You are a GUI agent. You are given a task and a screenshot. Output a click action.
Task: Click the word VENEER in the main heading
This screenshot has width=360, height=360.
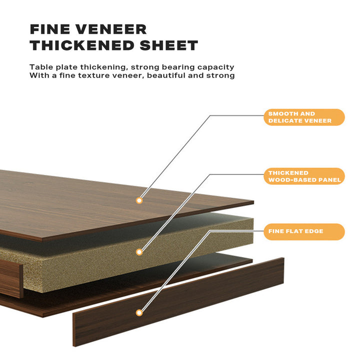[x=111, y=29]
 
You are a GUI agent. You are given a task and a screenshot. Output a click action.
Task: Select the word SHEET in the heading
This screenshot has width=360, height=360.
[x=169, y=45]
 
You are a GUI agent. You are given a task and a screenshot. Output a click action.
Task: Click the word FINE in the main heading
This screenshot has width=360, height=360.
[x=50, y=29]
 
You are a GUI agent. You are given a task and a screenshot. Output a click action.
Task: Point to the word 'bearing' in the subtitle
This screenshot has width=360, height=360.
[x=178, y=67]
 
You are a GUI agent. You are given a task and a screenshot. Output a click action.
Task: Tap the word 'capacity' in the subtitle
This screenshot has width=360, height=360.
[x=216, y=67]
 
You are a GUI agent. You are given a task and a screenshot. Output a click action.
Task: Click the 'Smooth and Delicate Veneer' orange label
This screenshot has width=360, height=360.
[x=304, y=117]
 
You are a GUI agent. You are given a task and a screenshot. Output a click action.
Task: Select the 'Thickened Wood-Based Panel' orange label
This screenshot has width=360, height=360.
[x=304, y=176]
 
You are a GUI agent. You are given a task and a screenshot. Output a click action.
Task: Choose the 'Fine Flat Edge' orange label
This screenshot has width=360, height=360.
[x=304, y=231]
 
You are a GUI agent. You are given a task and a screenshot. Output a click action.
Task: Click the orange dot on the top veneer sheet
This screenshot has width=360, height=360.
[x=139, y=200]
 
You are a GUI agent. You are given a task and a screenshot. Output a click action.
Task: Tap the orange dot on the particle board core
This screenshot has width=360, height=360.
[x=139, y=252]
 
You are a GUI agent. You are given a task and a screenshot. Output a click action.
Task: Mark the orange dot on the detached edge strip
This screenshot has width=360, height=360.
[x=139, y=312]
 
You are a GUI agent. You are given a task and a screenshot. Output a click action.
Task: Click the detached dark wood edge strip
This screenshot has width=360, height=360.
[x=178, y=302]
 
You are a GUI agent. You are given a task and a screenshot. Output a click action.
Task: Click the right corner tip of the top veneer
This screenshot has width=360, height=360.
[x=253, y=202]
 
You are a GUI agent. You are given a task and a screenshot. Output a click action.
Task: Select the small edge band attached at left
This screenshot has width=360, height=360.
[x=11, y=278]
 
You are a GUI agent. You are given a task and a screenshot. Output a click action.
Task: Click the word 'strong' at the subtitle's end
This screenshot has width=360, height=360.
[x=220, y=76]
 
